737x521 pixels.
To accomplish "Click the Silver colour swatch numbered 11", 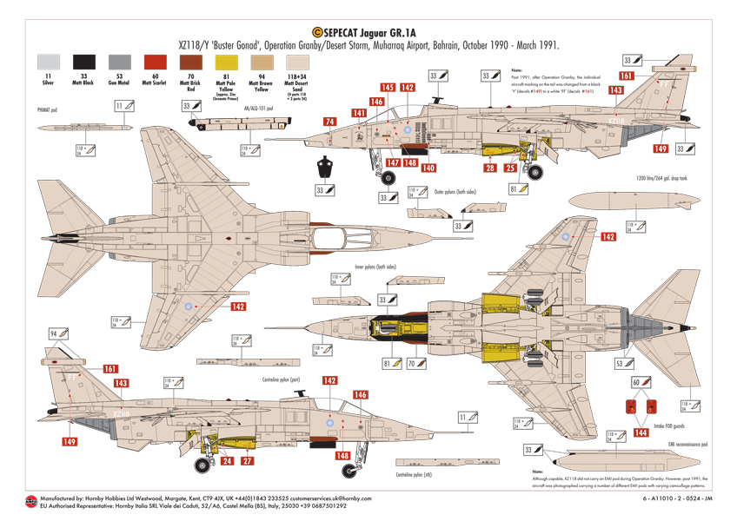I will point(49,62).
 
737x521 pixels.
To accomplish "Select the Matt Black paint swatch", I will point(84,62).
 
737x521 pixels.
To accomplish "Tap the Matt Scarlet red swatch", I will point(155,62).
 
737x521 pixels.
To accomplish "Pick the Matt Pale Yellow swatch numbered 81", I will point(226,62).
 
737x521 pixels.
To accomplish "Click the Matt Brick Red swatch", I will point(190,62).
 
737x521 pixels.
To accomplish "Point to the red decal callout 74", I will point(329,122).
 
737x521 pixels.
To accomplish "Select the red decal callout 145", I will point(387,88).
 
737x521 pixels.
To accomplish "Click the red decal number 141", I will point(359,113).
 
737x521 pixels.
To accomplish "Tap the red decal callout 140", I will point(428,168).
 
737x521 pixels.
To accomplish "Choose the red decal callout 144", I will point(641,432).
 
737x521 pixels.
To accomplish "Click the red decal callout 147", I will point(393,162).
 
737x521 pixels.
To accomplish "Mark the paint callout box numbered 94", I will point(53,333).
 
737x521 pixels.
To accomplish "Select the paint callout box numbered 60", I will point(636,382).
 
